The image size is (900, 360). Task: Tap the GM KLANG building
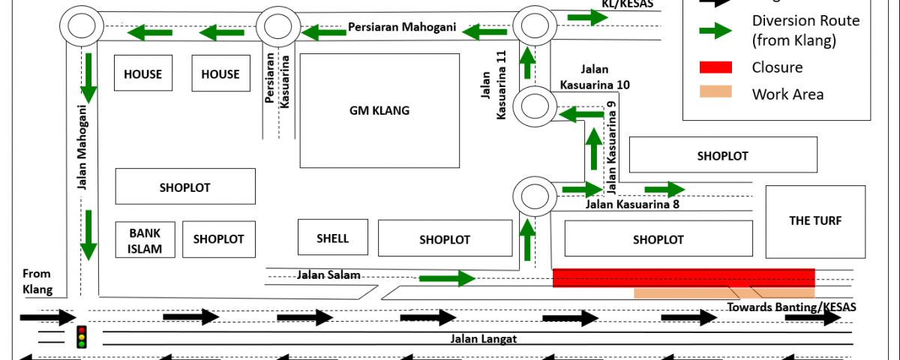[379, 110]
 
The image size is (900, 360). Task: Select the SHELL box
[332, 238]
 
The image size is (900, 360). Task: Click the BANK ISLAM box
[145, 240]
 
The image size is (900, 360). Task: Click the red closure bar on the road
[683, 277]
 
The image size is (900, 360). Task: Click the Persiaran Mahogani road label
[402, 27]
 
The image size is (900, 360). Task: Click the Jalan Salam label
[329, 274]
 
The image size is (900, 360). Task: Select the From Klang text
[37, 281]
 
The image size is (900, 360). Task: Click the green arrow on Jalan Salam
[447, 279]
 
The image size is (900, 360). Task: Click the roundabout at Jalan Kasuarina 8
[535, 196]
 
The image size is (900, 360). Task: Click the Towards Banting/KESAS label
[791, 307]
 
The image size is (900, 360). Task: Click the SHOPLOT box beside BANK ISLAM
[219, 239]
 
